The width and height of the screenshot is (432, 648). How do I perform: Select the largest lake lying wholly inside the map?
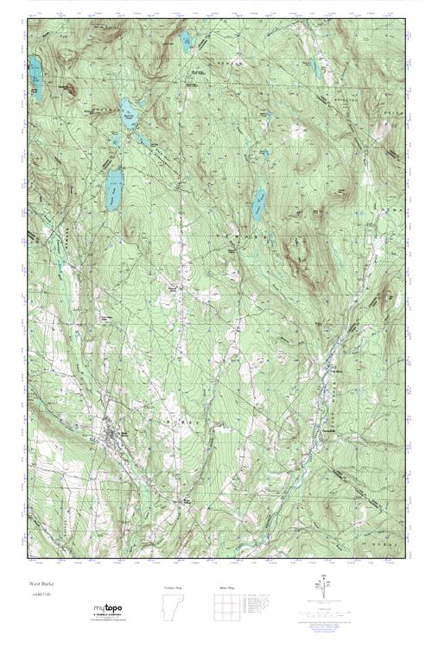[x=113, y=189]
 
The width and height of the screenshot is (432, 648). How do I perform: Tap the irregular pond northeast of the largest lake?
[x=129, y=117]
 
